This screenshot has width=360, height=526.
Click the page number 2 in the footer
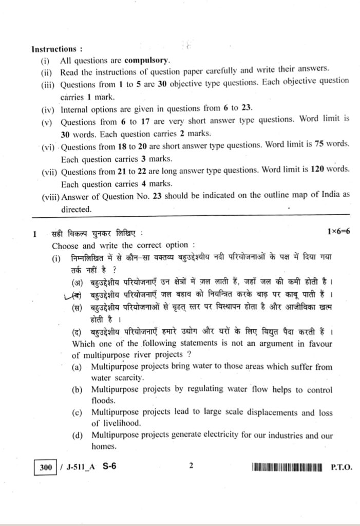(x=191, y=466)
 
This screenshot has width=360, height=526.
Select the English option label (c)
(x=78, y=412)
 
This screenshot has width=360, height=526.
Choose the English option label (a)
(x=78, y=367)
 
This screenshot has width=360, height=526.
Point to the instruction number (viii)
(x=51, y=195)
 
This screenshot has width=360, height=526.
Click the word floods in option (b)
(x=103, y=401)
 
